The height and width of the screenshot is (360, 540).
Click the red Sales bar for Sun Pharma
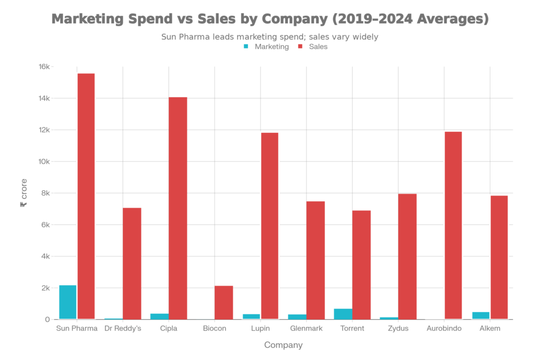[86, 196]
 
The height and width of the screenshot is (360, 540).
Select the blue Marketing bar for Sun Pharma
[67, 301]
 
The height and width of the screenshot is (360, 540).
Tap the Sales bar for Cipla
[178, 208]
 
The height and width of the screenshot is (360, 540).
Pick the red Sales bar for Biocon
[224, 302]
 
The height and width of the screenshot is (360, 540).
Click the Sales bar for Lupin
[269, 226]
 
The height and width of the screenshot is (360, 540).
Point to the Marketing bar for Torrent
[342, 314]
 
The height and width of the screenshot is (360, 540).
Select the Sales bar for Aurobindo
[453, 225]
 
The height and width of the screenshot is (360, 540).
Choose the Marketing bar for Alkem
[480, 315]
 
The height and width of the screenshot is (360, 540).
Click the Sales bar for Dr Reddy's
[132, 264]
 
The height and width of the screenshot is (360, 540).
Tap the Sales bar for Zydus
[407, 256]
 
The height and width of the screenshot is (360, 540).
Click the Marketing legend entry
[266, 46]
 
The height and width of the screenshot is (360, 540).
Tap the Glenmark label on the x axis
[306, 328]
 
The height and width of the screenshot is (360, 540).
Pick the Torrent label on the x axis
[352, 328]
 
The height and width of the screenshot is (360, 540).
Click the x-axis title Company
[283, 345]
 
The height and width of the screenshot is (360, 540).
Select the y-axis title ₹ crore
[24, 193]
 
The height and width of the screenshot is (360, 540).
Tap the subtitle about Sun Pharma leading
[270, 37]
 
